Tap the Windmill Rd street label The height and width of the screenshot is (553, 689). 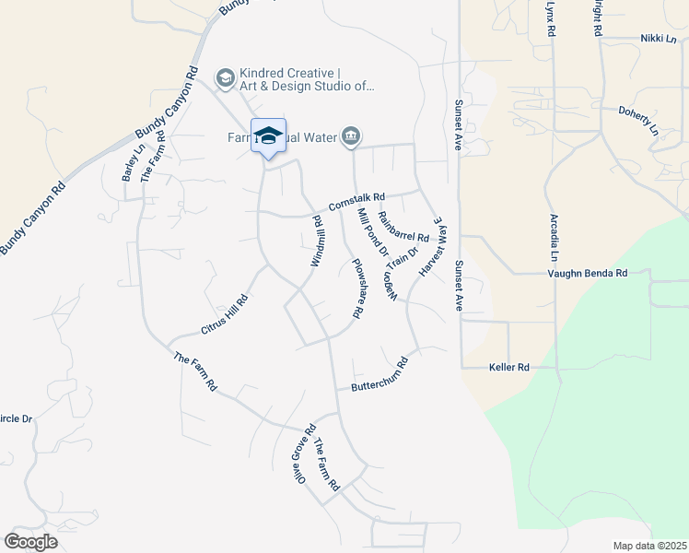click(317, 241)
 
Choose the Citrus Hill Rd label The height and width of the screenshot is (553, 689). click(225, 314)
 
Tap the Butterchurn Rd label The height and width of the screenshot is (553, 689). click(379, 374)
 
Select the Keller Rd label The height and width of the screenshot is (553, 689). click(508, 367)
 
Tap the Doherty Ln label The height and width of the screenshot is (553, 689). click(638, 120)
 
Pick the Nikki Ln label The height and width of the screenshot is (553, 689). click(659, 39)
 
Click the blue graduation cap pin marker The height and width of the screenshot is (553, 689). click(268, 136)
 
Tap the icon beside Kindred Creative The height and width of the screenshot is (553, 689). click(225, 79)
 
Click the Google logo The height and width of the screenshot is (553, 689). click(30, 541)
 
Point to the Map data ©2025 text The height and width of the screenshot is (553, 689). click(649, 546)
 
